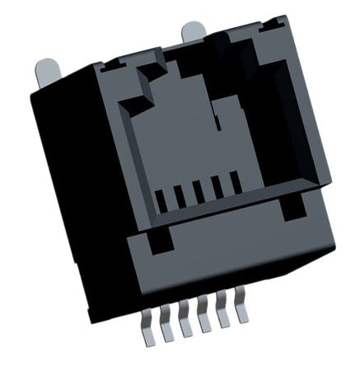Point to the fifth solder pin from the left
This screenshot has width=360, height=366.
coord(223,322)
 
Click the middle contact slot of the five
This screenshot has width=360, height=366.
coord(199,194)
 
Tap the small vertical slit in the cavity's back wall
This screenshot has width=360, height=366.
coord(215,124)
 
